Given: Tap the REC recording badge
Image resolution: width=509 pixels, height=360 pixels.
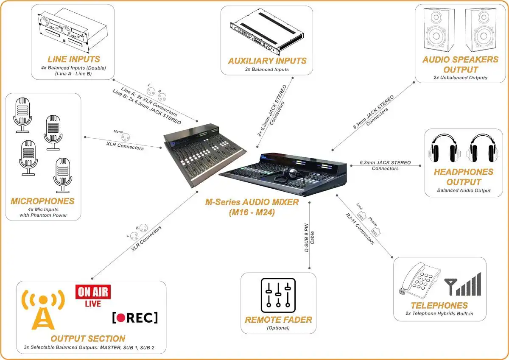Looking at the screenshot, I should (135, 318).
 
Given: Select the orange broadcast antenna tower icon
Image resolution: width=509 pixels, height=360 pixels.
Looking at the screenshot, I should (43, 309).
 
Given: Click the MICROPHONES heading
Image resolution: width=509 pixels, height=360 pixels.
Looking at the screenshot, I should (43, 201).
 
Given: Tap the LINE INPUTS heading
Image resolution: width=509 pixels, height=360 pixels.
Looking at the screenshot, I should (74, 59).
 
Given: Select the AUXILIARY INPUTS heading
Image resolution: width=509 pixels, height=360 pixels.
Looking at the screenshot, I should (267, 61).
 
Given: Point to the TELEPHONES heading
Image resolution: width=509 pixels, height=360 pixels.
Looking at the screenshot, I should (439, 305).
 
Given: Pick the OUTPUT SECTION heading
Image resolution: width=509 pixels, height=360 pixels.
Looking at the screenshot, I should (88, 338).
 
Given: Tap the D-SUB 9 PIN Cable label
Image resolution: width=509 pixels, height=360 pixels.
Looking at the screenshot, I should (309, 239).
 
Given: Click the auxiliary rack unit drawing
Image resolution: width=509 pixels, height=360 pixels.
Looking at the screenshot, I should (265, 32).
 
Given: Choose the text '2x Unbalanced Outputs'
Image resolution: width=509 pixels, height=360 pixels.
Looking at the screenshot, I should (460, 78).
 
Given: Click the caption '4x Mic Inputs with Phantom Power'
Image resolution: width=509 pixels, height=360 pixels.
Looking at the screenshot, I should (43, 212).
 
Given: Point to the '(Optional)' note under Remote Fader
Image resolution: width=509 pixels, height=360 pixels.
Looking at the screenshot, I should (278, 328).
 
